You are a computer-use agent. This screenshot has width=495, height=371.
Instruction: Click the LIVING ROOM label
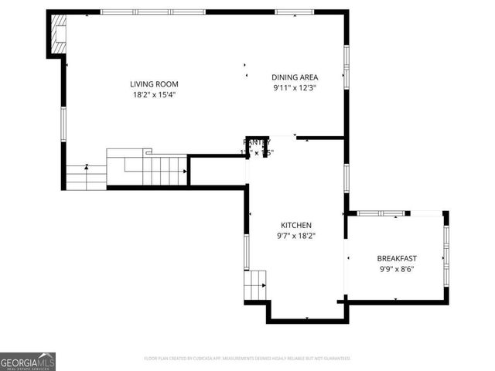pyautogui.click(x=148, y=84)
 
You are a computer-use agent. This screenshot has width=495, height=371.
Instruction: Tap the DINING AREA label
pyautogui.click(x=295, y=77)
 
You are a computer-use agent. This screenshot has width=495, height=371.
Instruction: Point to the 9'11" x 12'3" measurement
pyautogui.click(x=295, y=87)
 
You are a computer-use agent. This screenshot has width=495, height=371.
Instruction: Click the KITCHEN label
pyautogui.click(x=296, y=225)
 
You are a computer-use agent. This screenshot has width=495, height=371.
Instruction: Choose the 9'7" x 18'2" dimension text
pyautogui.click(x=296, y=236)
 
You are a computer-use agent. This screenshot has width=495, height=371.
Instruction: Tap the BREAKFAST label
pyautogui.click(x=397, y=258)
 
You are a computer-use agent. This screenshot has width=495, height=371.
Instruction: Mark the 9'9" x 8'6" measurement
pyautogui.click(x=397, y=269)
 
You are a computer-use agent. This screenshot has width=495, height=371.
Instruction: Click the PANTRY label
pyautogui.click(x=256, y=142)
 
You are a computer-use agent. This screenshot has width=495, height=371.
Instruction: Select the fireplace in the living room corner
pyautogui.click(x=58, y=36)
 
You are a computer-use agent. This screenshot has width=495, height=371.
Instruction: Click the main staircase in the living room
pyautogui.click(x=147, y=166)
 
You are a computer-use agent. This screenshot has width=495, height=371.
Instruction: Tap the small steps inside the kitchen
pyautogui.click(x=256, y=285)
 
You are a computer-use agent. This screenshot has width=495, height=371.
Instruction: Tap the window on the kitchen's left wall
pyautogui.click(x=247, y=252)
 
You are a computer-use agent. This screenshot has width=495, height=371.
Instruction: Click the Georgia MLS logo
pyautogui.click(x=28, y=362)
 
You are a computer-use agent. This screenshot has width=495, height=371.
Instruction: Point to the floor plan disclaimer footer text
pyautogui.click(x=247, y=359)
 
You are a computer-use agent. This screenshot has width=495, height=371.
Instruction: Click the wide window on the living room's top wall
pyautogui.click(x=152, y=12)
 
